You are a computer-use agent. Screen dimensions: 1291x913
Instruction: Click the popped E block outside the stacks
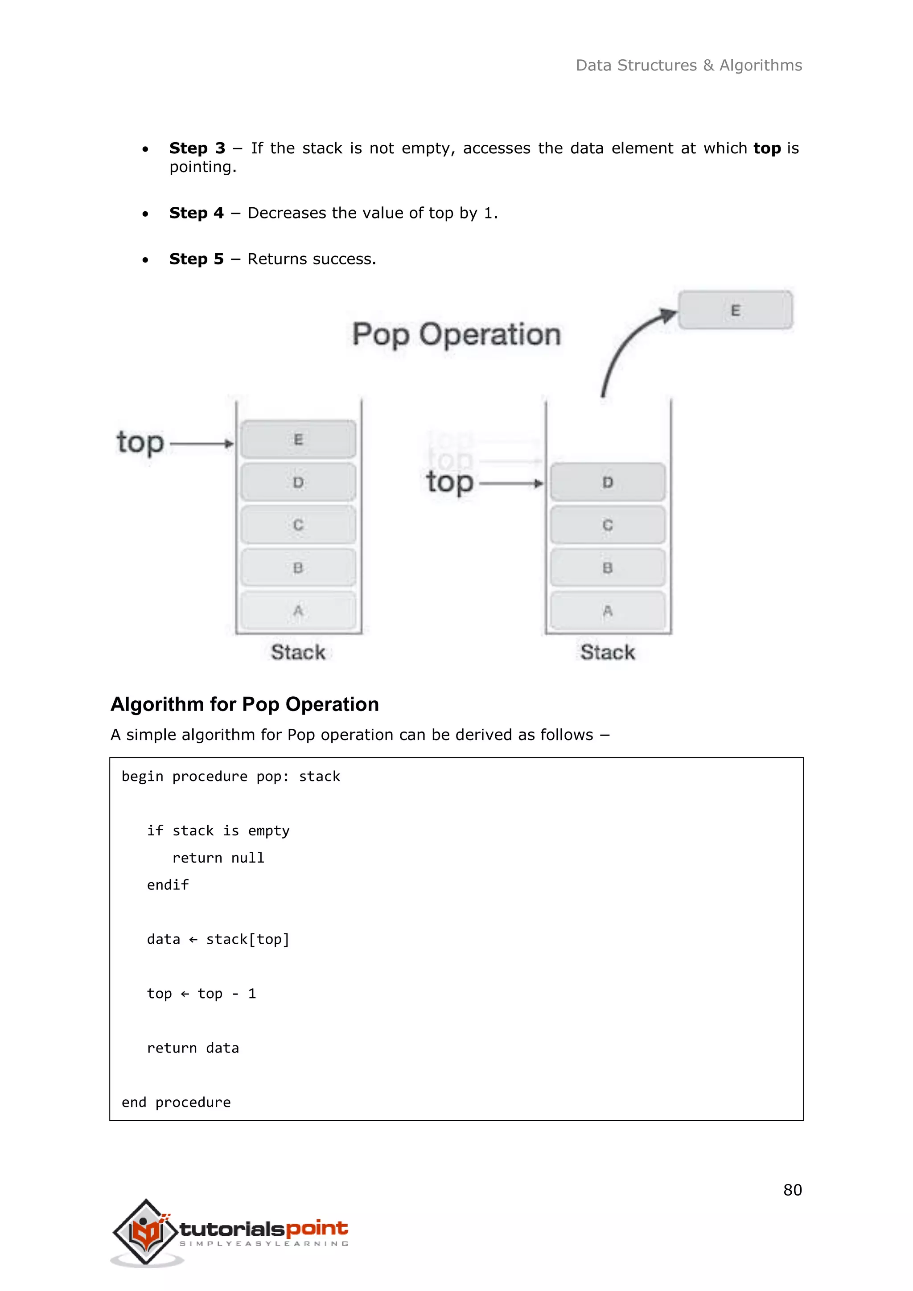click(x=735, y=310)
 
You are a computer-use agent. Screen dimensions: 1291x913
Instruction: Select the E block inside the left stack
click(x=298, y=439)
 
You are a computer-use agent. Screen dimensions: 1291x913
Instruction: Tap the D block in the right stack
click(x=607, y=482)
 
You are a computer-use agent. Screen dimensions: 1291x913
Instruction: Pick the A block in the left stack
click(x=298, y=610)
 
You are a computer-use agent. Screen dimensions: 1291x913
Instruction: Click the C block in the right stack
click(x=607, y=525)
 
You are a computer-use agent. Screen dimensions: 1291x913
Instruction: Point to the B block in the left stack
click(x=298, y=567)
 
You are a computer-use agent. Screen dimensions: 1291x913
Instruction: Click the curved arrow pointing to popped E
click(x=629, y=349)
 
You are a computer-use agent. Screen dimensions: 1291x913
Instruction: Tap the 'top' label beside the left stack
click(x=140, y=443)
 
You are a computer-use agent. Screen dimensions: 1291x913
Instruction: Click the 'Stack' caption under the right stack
click(x=607, y=652)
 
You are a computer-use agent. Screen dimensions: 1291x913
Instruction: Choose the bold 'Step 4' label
click(x=196, y=213)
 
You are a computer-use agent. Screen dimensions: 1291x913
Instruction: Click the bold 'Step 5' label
click(x=196, y=259)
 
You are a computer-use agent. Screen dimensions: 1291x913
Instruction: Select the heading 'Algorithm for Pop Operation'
click(x=245, y=704)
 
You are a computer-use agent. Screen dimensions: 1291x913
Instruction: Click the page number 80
click(x=792, y=1190)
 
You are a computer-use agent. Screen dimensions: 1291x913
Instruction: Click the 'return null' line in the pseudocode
click(x=218, y=858)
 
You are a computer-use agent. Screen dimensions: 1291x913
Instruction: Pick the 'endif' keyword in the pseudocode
click(x=168, y=885)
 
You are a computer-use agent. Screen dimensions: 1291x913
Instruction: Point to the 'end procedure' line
click(x=176, y=1102)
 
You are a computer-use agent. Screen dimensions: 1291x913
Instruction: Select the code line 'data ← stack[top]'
click(x=218, y=939)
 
